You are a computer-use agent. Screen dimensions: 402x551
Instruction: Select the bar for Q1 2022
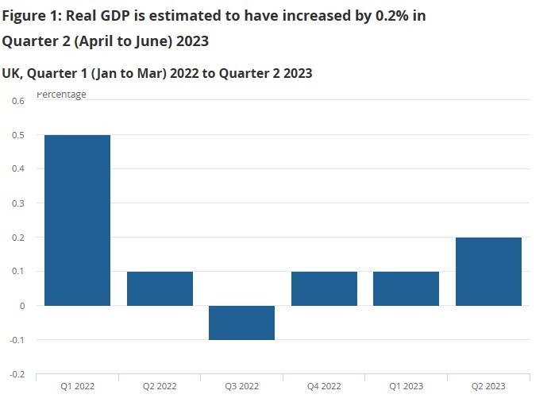[x=77, y=220]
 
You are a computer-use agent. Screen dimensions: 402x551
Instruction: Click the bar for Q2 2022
[x=160, y=288]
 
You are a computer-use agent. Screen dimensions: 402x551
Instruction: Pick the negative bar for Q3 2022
[x=241, y=323]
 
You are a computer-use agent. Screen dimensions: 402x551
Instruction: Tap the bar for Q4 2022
[x=324, y=288]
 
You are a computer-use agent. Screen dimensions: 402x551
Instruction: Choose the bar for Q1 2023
[x=406, y=288]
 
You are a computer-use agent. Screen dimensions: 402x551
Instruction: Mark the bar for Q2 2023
[x=488, y=271]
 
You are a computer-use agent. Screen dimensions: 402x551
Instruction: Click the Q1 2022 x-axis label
[x=77, y=386]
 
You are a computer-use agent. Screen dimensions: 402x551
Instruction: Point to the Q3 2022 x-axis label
[x=241, y=386]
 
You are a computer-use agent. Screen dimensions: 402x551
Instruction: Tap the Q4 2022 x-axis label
[x=324, y=386]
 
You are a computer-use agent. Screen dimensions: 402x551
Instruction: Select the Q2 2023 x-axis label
[x=488, y=386]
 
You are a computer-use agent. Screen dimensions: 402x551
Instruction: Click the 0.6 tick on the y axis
[x=18, y=101]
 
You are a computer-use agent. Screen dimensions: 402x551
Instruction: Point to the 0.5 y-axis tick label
[x=18, y=135]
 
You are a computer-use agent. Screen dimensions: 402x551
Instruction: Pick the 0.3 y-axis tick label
[x=18, y=203]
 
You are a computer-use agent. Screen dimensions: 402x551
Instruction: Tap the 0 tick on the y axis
[x=22, y=306]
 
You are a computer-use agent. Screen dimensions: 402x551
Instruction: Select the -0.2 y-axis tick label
[x=17, y=374]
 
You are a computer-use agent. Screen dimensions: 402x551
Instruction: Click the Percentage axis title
[x=62, y=95]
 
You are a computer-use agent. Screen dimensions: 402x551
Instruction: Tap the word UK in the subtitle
[x=11, y=73]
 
